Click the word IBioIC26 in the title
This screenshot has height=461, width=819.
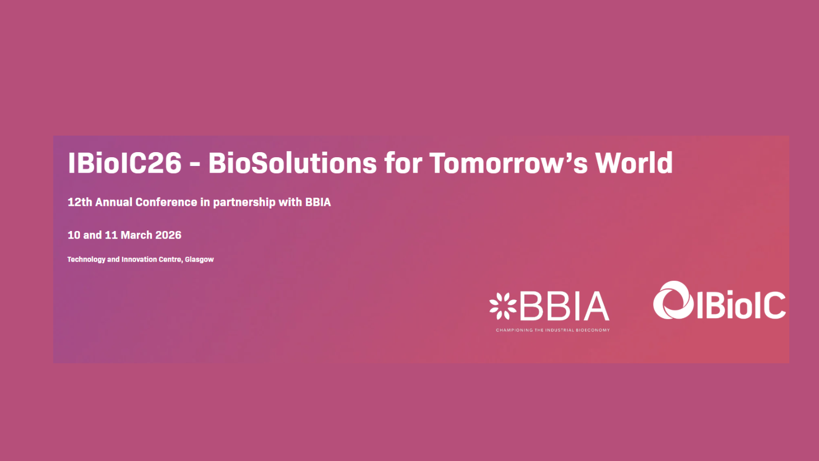coord(125,163)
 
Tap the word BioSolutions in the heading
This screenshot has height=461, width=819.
coord(292,163)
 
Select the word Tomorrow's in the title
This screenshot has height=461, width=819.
coord(509,163)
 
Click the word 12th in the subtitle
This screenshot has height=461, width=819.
coord(80,202)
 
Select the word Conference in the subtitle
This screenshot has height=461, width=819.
coord(166,202)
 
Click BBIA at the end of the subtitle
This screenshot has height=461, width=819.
coord(318,202)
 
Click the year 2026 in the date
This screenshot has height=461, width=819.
coord(168,235)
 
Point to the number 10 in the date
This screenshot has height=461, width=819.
coord(74,235)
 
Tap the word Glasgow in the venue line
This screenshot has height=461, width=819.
coord(199,260)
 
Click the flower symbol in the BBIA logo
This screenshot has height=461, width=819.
coord(503,306)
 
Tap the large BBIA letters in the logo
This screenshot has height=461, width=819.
coord(565,306)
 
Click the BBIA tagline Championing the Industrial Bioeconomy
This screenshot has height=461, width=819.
coord(553,330)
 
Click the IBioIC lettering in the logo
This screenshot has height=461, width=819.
coord(741,305)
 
